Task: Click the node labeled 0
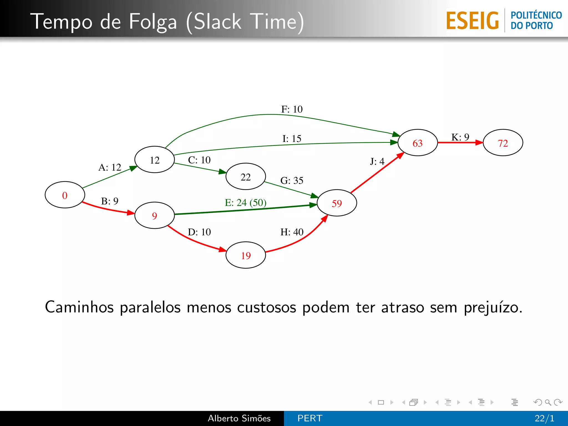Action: pyautogui.click(x=65, y=195)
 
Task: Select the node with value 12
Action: pyautogui.click(x=154, y=160)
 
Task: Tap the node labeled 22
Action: pyautogui.click(x=246, y=177)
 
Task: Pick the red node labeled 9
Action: pyautogui.click(x=154, y=215)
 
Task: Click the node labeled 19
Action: pyautogui.click(x=246, y=255)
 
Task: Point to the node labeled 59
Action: pyautogui.click(x=337, y=203)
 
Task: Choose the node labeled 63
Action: pyautogui.click(x=418, y=143)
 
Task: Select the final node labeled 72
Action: pyautogui.click(x=503, y=143)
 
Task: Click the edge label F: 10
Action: pyautogui.click(x=292, y=109)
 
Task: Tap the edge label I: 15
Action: pyautogui.click(x=292, y=138)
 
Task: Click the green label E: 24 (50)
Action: pyautogui.click(x=245, y=202)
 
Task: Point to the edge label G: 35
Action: pyautogui.click(x=292, y=181)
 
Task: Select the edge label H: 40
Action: pyautogui.click(x=292, y=232)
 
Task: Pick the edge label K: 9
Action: pyautogui.click(x=460, y=137)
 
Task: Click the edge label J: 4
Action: pyautogui.click(x=377, y=161)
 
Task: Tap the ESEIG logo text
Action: pyautogui.click(x=472, y=21)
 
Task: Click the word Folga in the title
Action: pyautogui.click(x=153, y=22)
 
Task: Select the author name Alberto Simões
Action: pyautogui.click(x=239, y=418)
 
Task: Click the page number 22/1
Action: pyautogui.click(x=544, y=418)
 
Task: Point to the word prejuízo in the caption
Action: pyautogui.click(x=493, y=308)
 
